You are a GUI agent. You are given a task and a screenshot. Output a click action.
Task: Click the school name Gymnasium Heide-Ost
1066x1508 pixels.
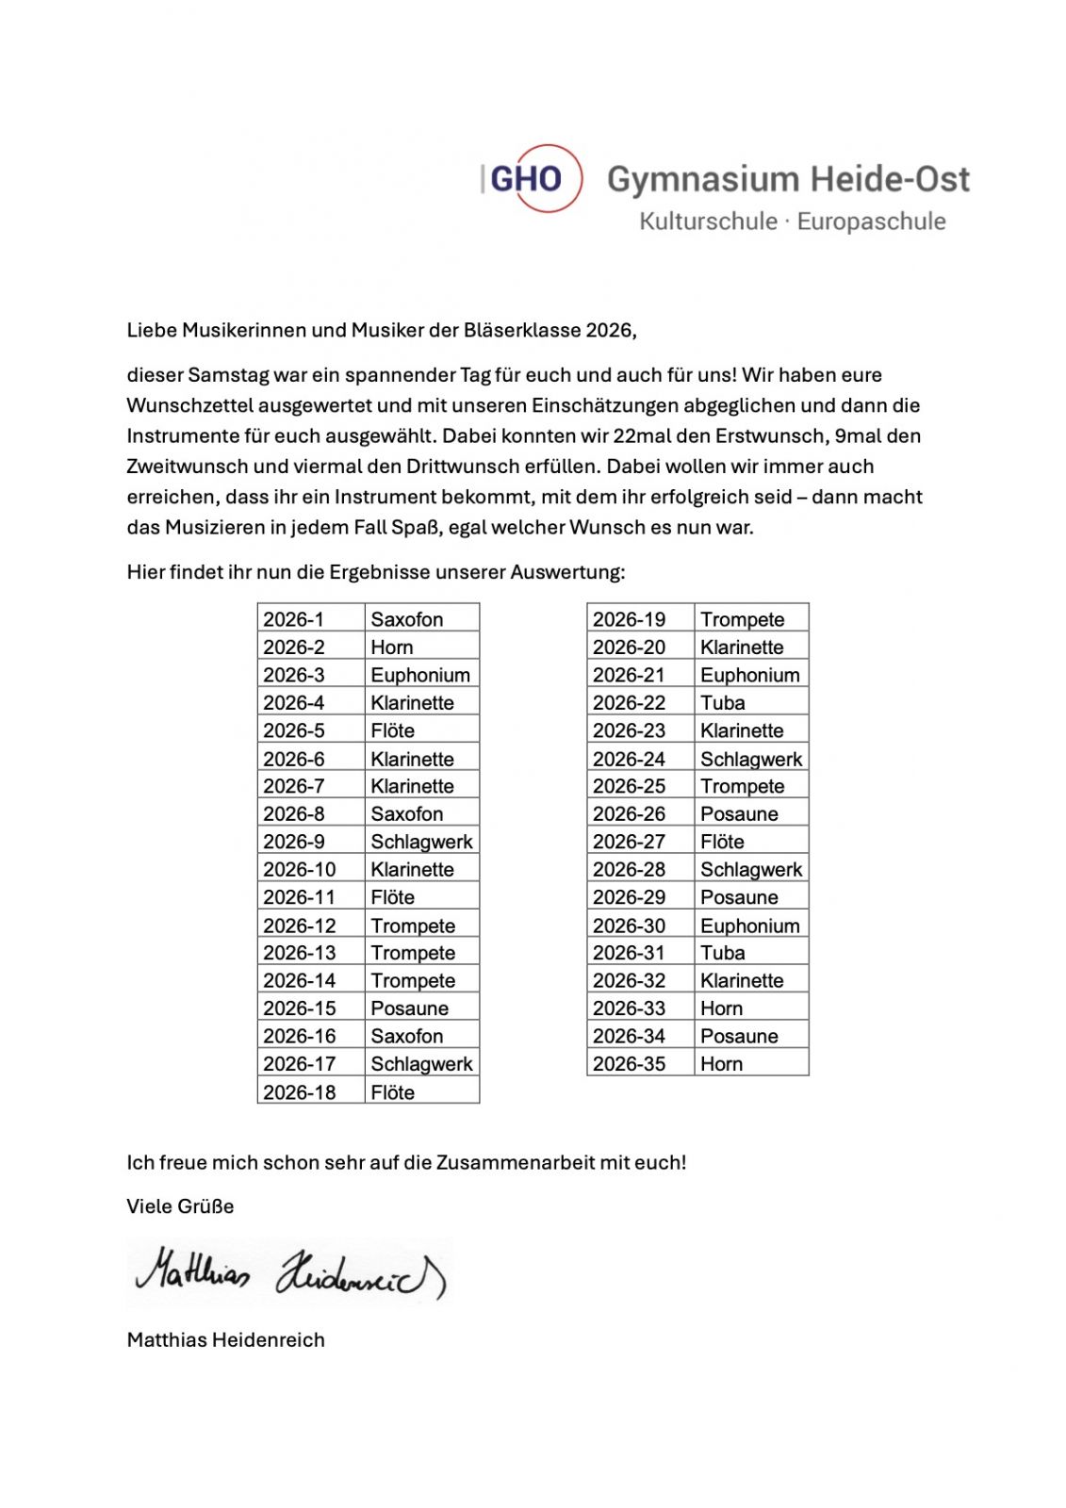coord(787,179)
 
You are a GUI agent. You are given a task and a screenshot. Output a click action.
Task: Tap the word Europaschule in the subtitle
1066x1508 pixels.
coord(871,221)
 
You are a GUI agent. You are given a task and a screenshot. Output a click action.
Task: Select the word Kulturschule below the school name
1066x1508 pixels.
coord(708,221)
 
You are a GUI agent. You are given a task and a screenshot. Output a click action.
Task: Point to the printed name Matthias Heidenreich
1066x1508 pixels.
coord(225,1339)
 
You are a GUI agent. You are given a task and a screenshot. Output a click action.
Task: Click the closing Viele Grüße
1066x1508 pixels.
coord(180,1206)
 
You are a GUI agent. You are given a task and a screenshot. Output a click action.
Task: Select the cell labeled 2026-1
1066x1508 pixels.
coord(294,619)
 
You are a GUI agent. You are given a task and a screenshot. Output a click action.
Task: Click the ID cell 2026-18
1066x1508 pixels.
coord(300,1092)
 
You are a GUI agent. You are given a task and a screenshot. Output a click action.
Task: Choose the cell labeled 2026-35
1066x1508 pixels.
coord(629,1064)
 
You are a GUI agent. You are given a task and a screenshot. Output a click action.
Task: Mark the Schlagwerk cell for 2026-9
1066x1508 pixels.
coord(421,842)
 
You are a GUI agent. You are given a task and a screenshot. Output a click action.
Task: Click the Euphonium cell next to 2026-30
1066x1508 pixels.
coord(749,926)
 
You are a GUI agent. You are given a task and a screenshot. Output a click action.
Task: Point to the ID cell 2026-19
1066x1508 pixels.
coord(629,619)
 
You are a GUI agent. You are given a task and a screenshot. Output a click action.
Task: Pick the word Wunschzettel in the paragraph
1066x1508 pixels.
coord(189,406)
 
